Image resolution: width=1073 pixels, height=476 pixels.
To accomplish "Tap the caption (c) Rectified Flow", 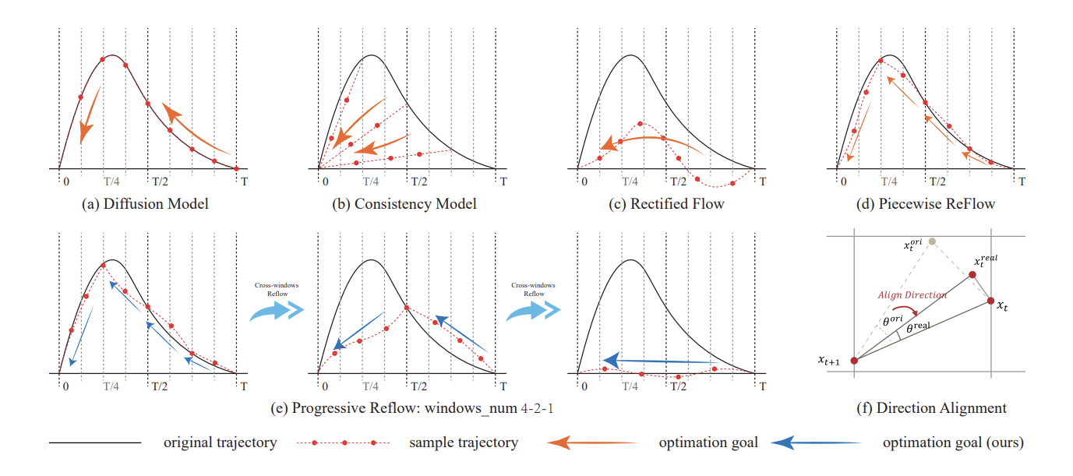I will click(x=667, y=204).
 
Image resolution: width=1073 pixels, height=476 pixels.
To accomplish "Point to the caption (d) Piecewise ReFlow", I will click(x=925, y=204).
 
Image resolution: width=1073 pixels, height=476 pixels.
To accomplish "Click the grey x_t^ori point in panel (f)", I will click(x=933, y=242).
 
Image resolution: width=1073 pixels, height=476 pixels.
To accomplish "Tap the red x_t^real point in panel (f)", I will click(x=972, y=275).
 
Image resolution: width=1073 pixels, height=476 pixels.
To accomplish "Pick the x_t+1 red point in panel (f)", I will click(x=854, y=360).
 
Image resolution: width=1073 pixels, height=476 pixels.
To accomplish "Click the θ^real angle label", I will click(x=918, y=330).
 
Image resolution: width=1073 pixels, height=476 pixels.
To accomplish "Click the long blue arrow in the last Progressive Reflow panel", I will click(x=662, y=361).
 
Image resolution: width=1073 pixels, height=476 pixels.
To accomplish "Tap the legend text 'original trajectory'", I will click(x=220, y=443).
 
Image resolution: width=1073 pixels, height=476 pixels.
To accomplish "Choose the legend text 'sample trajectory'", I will click(x=463, y=443).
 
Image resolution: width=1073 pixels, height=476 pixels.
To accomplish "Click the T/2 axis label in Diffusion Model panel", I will click(x=159, y=181).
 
